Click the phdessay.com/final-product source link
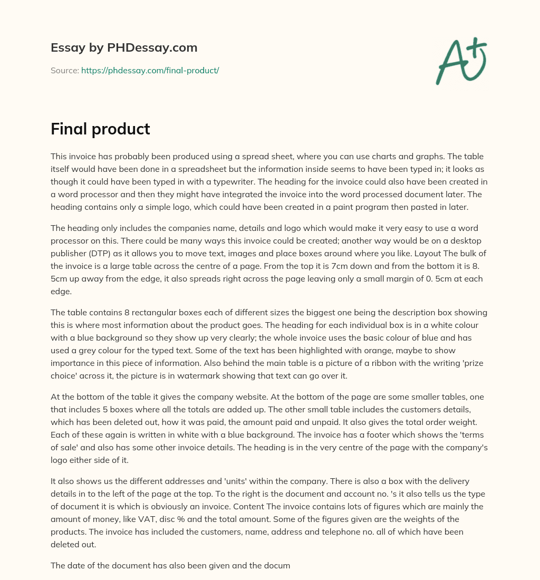(150, 70)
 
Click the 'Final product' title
(100, 129)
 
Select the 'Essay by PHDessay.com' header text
(124, 48)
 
